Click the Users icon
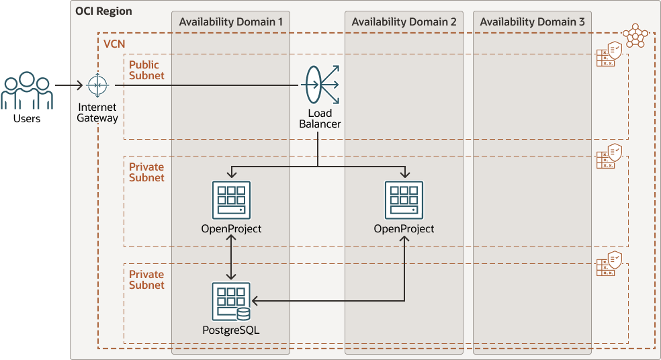[27, 91]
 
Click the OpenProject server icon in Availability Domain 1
[231, 200]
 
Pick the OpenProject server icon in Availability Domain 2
[404, 200]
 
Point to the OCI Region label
[103, 11]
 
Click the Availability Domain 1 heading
[230, 22]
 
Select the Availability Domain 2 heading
[404, 22]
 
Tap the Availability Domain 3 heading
[532, 22]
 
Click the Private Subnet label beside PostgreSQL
[146, 279]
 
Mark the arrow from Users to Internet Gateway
[70, 86]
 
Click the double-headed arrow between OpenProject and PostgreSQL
[231, 258]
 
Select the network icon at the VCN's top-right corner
[633, 36]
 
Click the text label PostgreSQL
[230, 330]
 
